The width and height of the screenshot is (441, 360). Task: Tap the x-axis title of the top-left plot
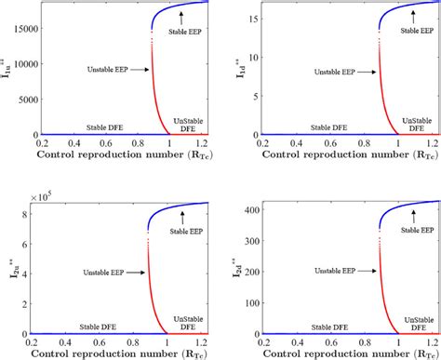(122, 156)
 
